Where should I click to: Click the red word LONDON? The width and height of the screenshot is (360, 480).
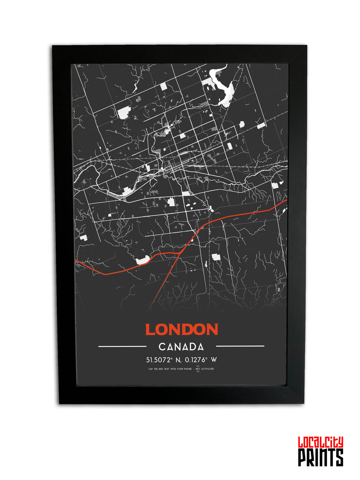pos(181,329)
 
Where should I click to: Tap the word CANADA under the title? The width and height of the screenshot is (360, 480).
pos(181,347)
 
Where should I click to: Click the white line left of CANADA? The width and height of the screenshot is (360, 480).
pos(122,346)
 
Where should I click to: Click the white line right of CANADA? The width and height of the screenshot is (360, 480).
pos(240,346)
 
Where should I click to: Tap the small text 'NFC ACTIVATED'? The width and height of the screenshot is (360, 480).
pos(207,369)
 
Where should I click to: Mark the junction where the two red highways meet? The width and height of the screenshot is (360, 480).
pos(180,252)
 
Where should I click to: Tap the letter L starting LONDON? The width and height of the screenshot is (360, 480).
pos(150,330)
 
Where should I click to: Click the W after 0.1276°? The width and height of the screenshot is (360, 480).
pos(214,360)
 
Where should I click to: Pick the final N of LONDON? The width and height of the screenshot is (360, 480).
pos(212,330)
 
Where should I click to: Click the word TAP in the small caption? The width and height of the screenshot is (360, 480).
pos(150,369)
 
